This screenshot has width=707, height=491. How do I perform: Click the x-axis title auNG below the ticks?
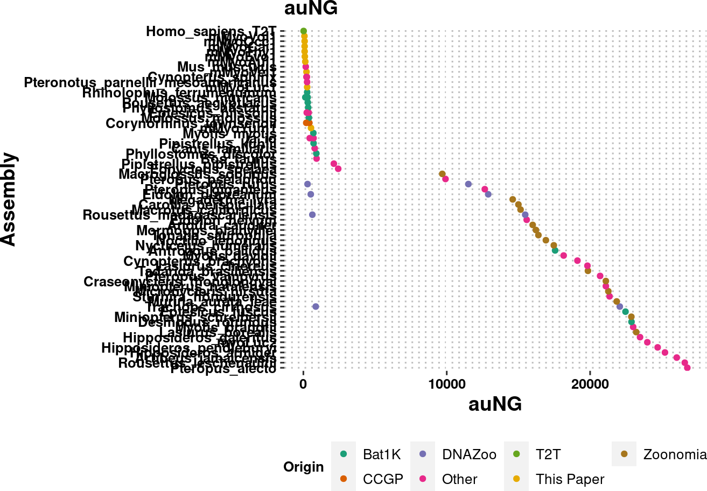point(495,404)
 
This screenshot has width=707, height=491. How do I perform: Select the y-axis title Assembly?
point(9,199)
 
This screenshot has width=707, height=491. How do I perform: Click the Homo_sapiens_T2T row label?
point(211,32)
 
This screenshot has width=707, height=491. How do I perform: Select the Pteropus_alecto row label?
point(223,369)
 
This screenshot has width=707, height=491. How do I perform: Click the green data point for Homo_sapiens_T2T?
point(303,31)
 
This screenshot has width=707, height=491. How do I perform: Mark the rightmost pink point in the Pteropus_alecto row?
point(687,368)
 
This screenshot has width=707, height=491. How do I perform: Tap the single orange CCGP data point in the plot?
point(306,123)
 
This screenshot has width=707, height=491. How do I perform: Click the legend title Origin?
point(304,467)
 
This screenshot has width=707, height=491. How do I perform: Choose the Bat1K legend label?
point(382,454)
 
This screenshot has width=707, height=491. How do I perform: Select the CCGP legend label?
point(383,479)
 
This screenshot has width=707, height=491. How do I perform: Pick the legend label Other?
point(459,479)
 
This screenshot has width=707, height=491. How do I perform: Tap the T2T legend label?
point(548,454)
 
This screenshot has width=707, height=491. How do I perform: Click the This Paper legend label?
point(570,479)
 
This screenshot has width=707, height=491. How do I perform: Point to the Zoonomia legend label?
point(675,454)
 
